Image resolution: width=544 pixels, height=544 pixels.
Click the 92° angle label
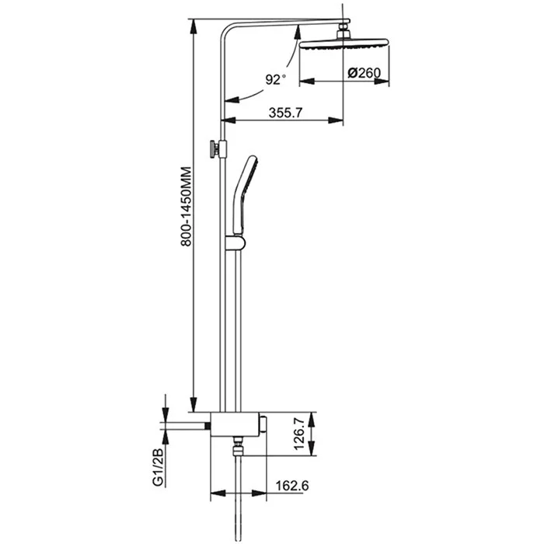(276, 79)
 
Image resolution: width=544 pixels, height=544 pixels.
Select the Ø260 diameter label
(364, 73)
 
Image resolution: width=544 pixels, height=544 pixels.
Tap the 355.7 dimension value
(285, 113)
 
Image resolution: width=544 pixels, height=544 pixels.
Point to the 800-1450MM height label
(186, 207)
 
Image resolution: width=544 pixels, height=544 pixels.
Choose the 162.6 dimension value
(292, 486)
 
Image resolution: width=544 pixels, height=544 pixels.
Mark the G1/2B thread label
(158, 467)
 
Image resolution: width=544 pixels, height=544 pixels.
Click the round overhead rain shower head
(343, 45)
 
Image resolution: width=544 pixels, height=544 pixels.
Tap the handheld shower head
(244, 195)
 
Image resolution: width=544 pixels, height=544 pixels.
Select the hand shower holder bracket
(235, 242)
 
